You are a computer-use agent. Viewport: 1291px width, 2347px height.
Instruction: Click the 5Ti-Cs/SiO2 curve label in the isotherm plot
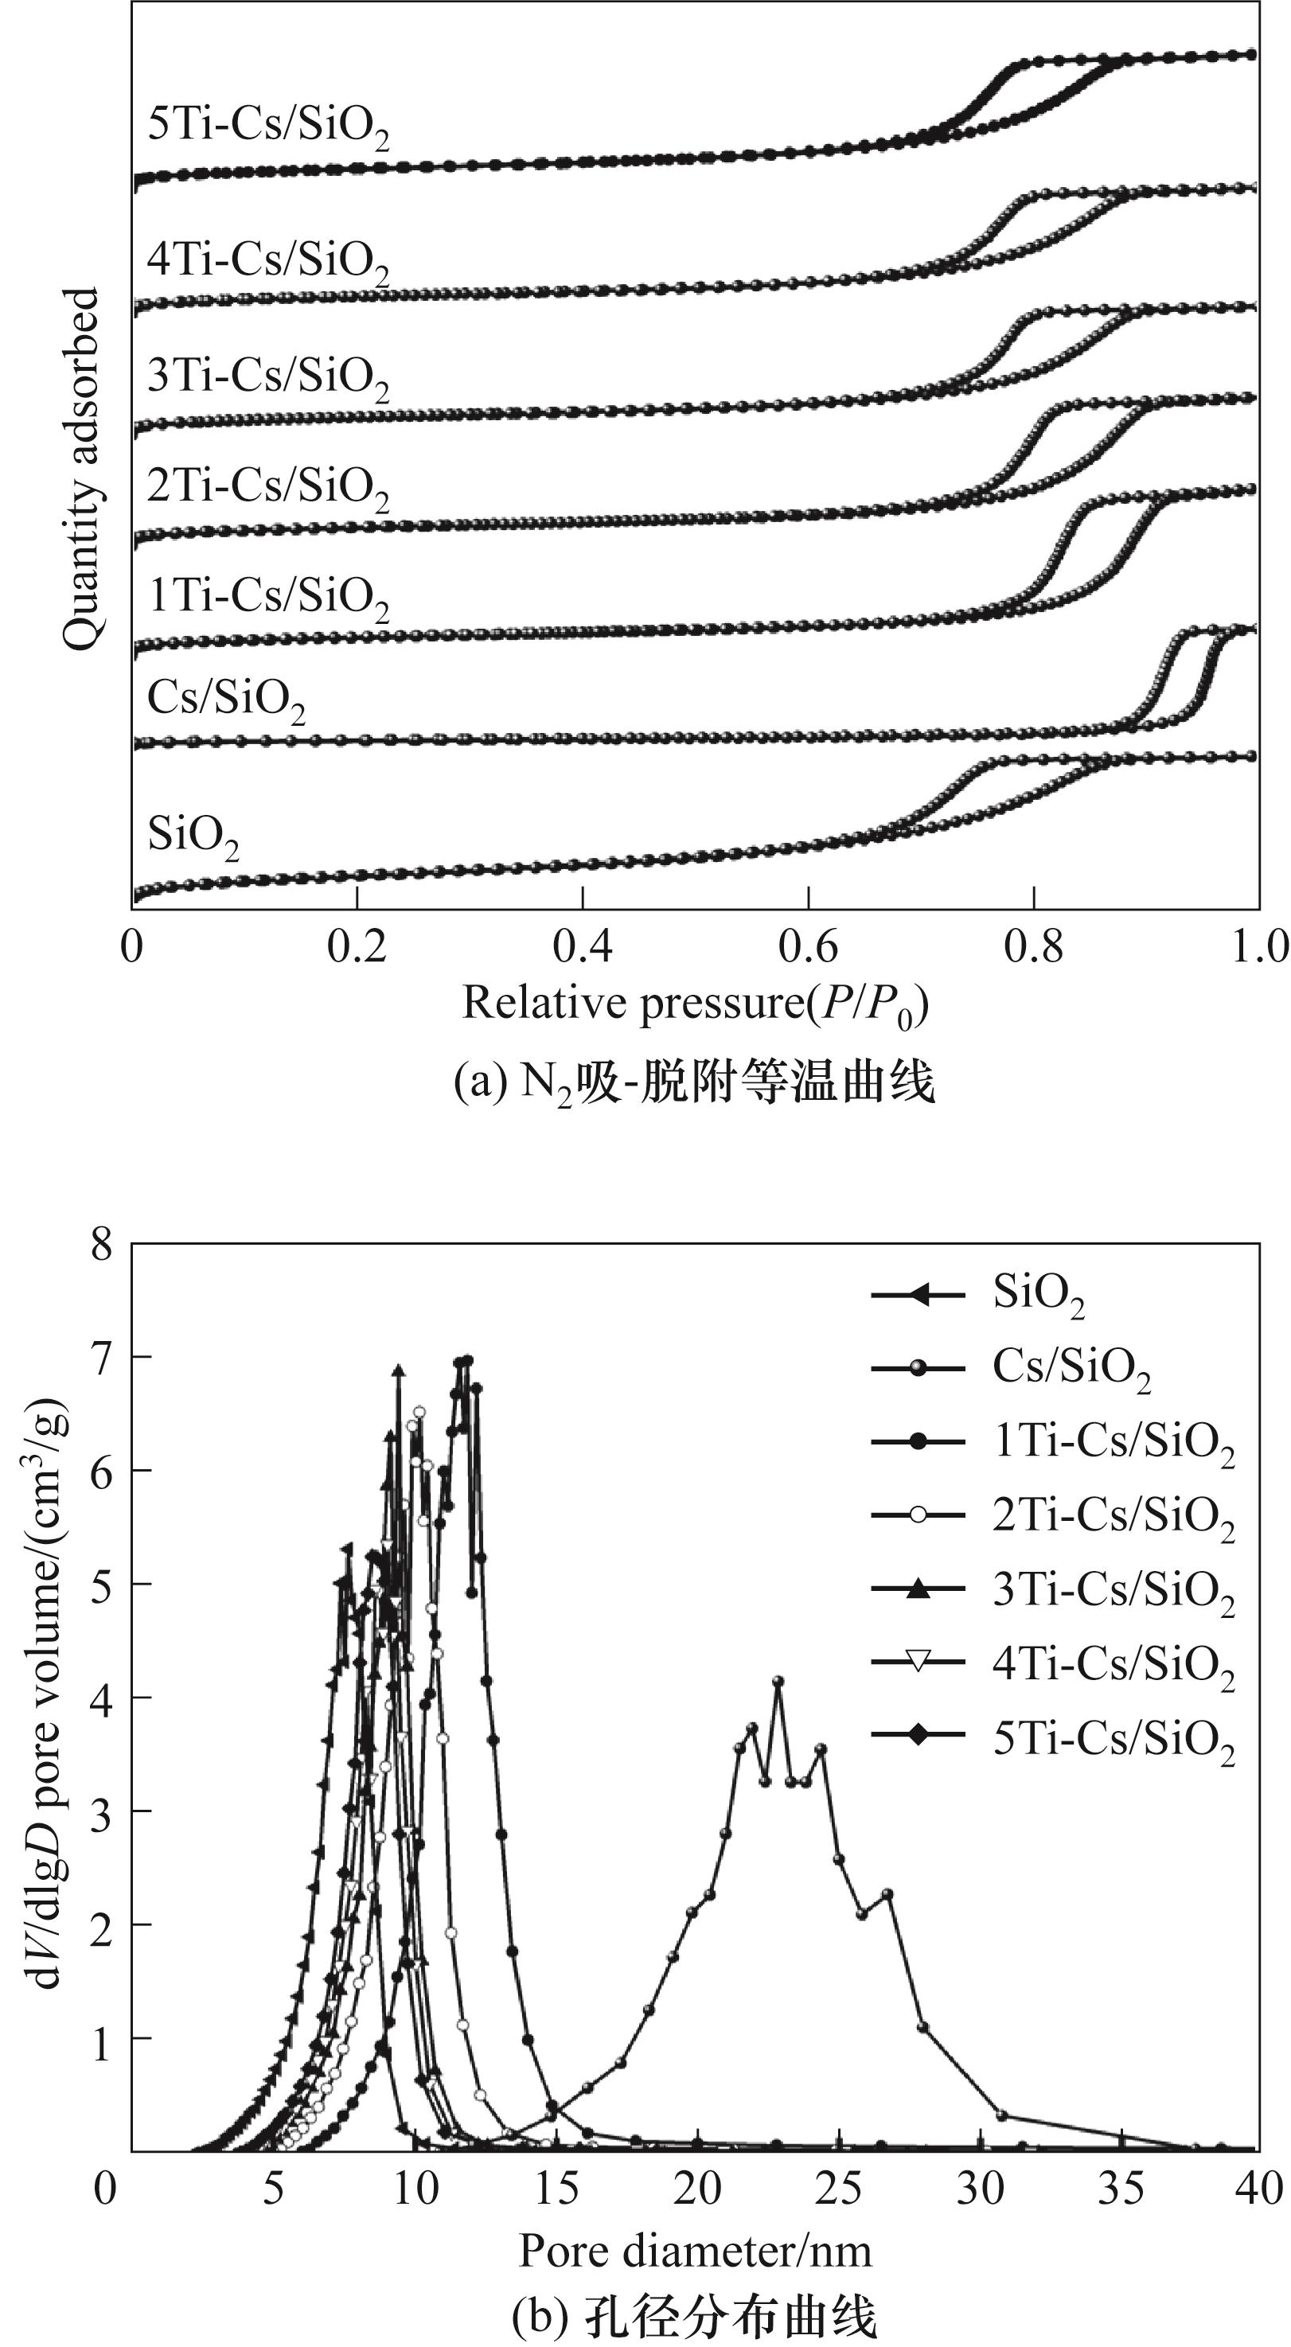268,126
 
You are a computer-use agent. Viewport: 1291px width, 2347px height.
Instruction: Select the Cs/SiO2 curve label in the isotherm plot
226,700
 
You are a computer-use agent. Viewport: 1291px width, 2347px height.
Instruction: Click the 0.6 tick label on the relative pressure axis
808,948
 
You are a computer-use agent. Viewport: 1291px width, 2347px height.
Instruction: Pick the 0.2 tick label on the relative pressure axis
357,948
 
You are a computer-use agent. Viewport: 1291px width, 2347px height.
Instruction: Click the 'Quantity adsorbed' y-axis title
81,470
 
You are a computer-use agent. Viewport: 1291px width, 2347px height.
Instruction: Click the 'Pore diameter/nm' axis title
695,2251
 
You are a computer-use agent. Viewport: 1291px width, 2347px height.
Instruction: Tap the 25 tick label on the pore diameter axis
838,2189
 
